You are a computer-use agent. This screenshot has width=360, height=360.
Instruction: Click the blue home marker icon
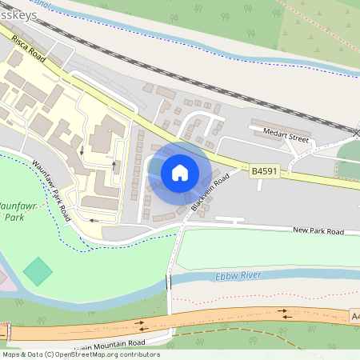point(180,172)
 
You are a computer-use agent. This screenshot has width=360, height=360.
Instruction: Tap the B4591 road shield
point(265,171)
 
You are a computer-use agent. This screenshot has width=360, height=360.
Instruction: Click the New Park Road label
point(318,231)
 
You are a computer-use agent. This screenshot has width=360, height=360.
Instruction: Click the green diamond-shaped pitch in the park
point(38,271)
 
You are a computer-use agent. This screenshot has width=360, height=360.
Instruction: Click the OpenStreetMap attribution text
point(80,354)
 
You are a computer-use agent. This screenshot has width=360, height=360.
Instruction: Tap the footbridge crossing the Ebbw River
point(169,282)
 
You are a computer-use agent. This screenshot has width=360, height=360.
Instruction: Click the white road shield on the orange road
point(354,318)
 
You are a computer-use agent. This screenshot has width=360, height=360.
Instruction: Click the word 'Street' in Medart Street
point(298,138)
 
